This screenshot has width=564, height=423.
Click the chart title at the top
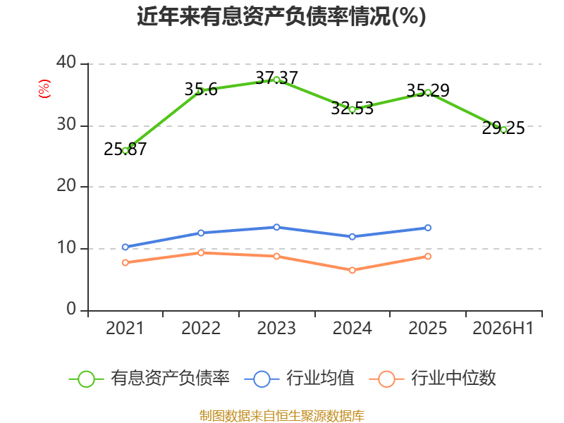[x=281, y=16]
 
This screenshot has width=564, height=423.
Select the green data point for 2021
[x=125, y=151]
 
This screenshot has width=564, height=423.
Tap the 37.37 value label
[x=276, y=78]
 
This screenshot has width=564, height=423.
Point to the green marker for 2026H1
[x=503, y=130]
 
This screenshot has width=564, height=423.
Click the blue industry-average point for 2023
[x=276, y=227]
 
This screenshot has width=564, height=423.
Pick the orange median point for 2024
[x=352, y=270]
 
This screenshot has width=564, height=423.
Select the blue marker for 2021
[x=125, y=247]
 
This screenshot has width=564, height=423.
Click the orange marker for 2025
[x=428, y=257]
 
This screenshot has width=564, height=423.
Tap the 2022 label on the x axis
[x=201, y=328]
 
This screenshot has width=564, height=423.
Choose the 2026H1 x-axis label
[x=503, y=328]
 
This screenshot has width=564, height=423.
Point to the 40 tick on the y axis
[x=66, y=62]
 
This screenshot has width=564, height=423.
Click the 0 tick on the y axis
[x=71, y=309]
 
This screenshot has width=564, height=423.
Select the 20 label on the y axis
[x=66, y=185]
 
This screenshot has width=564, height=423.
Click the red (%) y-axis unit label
[x=44, y=89]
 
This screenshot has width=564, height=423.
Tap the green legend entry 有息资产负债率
[x=149, y=379]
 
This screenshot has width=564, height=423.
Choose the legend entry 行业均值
[x=299, y=379]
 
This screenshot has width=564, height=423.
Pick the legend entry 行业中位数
[x=432, y=379]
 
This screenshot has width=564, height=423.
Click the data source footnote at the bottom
[x=281, y=416]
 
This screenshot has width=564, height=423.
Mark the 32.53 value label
[x=352, y=109]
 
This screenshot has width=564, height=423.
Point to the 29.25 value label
[x=503, y=128]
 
